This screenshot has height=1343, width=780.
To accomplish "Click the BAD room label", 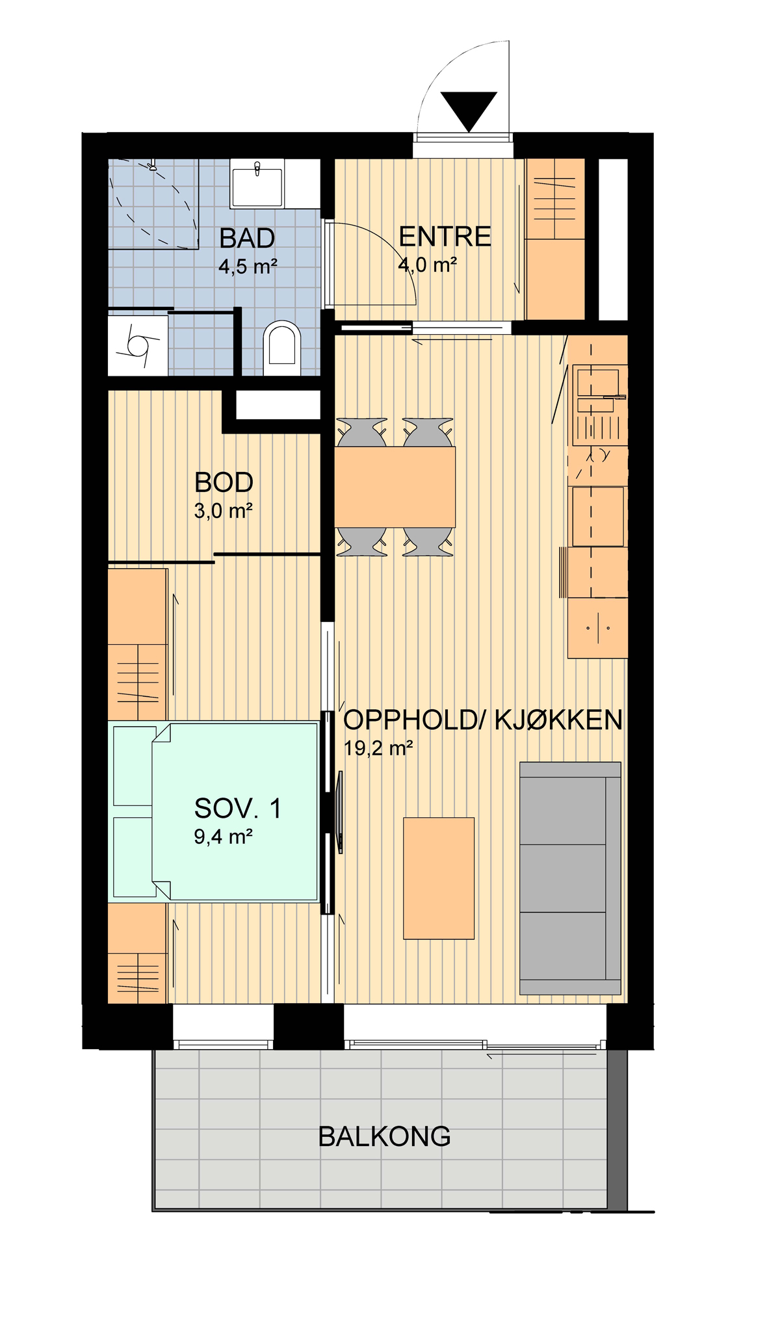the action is (x=247, y=238).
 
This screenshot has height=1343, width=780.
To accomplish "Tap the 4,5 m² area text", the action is (x=248, y=266).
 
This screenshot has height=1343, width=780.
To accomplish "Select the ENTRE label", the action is (x=445, y=237).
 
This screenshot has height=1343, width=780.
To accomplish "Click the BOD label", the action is (x=224, y=482).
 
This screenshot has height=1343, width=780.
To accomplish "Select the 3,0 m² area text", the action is (x=223, y=511).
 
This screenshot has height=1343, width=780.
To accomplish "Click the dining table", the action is (x=395, y=487).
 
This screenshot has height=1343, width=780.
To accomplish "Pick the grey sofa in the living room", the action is (x=570, y=878).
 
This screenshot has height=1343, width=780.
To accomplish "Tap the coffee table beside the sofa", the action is (x=439, y=878).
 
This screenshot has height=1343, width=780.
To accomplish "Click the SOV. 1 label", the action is (x=238, y=809).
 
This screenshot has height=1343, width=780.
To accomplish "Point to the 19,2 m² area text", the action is (x=378, y=748).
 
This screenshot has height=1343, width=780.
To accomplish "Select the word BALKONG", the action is (x=384, y=1136).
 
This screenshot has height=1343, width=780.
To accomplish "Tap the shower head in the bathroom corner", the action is (x=153, y=166).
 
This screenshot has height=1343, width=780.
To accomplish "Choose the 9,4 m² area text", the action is (x=223, y=837).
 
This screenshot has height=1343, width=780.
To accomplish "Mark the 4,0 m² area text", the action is (x=428, y=265).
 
